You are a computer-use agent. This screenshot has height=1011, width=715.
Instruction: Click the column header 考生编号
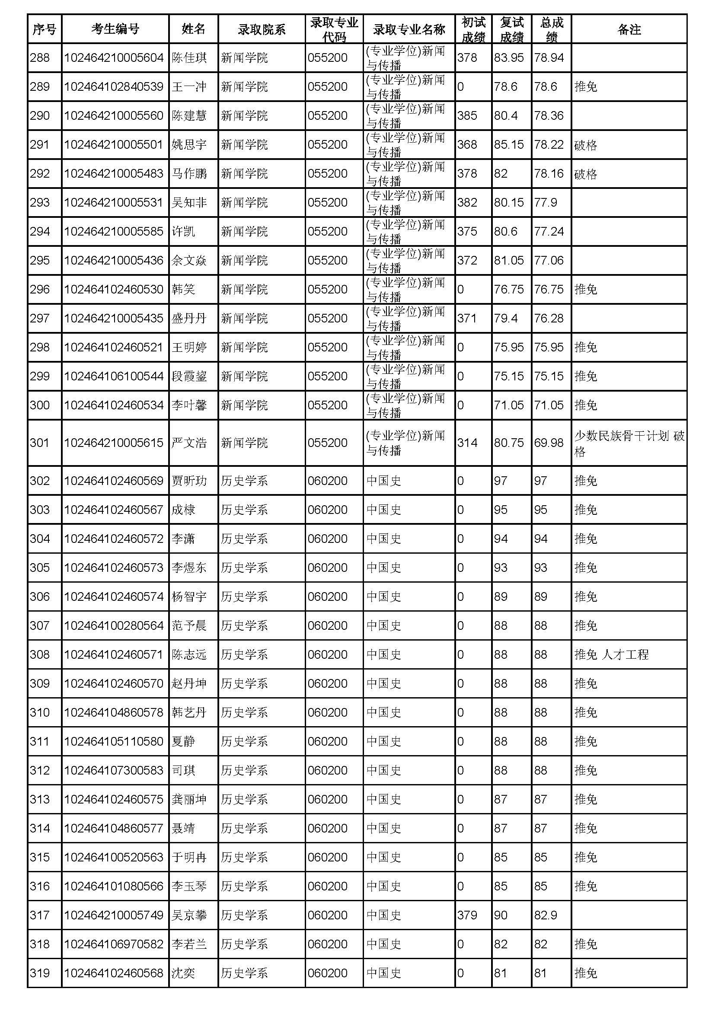115,29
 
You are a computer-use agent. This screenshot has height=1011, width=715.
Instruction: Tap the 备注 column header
629,29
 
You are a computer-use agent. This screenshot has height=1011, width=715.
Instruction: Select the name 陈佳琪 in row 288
189,57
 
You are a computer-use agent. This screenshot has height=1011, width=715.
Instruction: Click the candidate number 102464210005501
114,144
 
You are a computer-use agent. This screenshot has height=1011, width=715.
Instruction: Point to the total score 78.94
549,57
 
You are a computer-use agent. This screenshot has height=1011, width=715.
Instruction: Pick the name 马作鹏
189,173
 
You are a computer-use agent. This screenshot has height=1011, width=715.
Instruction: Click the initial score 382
467,203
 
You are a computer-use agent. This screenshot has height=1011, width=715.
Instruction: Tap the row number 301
40,443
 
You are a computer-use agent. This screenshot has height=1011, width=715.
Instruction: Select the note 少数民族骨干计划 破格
629,443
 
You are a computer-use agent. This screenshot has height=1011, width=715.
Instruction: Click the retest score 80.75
508,443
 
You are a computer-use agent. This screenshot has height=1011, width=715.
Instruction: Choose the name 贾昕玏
189,480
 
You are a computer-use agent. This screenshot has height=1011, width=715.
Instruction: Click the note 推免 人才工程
611,654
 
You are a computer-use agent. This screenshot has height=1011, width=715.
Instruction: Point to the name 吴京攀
189,915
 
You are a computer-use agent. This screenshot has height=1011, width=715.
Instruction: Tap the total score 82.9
546,915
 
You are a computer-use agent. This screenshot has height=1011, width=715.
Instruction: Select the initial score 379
467,915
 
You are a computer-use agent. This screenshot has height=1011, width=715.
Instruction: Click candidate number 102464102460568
114,973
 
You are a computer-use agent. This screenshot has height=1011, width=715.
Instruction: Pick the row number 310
40,712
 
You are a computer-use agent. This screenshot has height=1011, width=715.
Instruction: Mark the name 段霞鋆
189,376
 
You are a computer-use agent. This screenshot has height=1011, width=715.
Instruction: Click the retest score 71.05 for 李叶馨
508,405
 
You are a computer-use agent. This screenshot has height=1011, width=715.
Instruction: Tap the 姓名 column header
193,29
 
